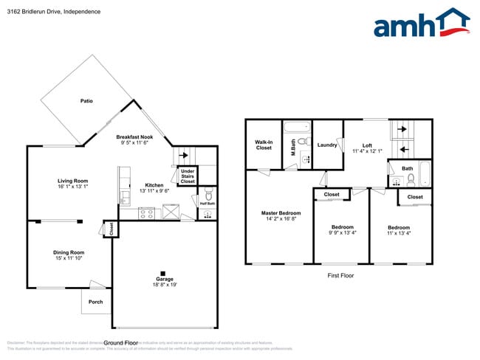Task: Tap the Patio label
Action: point(86,100)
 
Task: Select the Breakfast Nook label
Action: point(135,137)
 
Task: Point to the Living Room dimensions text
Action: point(73,187)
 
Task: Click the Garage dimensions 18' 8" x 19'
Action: point(165,284)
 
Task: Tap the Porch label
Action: point(95,301)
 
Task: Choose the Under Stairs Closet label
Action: point(188,176)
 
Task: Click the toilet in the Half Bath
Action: point(208,195)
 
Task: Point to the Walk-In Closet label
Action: point(264,144)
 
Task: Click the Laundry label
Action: point(326,145)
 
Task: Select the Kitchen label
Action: point(154,185)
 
